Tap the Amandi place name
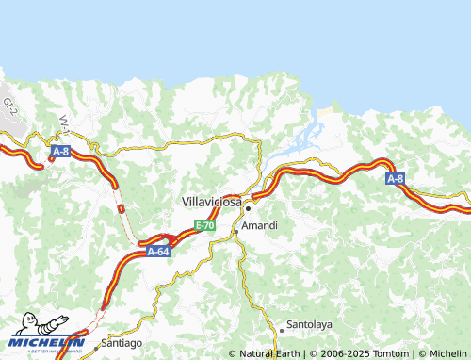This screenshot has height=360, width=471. [x=259, y=227]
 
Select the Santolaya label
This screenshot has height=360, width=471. [x=310, y=323]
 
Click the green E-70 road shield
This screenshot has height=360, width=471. [x=205, y=226]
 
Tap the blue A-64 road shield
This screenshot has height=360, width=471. [x=158, y=252]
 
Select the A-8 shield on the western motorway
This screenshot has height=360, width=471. [x=60, y=151]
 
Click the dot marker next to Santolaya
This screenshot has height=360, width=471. [x=281, y=331]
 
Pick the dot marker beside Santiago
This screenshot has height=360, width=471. [x=95, y=347]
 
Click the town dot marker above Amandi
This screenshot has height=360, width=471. [x=248, y=208]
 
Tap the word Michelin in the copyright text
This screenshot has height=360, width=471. [x=445, y=354]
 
